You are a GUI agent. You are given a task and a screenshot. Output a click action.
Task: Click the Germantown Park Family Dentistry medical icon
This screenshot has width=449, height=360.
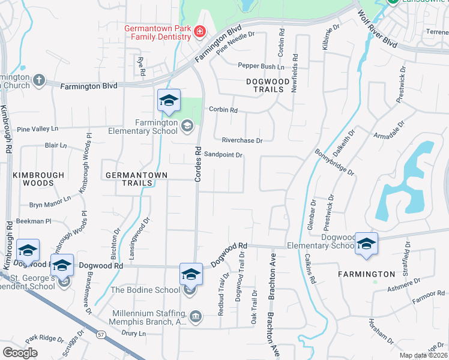199,31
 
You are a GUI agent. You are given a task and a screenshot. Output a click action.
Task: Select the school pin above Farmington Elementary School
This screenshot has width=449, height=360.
169,101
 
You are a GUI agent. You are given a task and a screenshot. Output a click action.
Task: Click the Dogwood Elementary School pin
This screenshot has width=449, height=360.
366,244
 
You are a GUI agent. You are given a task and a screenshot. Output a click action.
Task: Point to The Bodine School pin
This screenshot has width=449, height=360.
191,275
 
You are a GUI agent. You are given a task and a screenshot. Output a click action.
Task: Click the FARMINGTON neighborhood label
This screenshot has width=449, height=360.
375,274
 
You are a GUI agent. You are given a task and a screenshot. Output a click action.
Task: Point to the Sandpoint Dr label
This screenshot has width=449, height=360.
223,155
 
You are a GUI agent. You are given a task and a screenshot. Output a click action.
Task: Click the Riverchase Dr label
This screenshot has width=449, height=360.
242,140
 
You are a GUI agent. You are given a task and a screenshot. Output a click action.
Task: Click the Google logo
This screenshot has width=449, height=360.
20,353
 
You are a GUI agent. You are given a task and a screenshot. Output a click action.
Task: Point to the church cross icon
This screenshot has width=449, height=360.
38,79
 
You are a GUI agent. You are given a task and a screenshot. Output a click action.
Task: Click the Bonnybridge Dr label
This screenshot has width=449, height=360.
335,161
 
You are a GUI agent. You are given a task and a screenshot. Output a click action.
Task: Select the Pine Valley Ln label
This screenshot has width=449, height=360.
37,129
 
